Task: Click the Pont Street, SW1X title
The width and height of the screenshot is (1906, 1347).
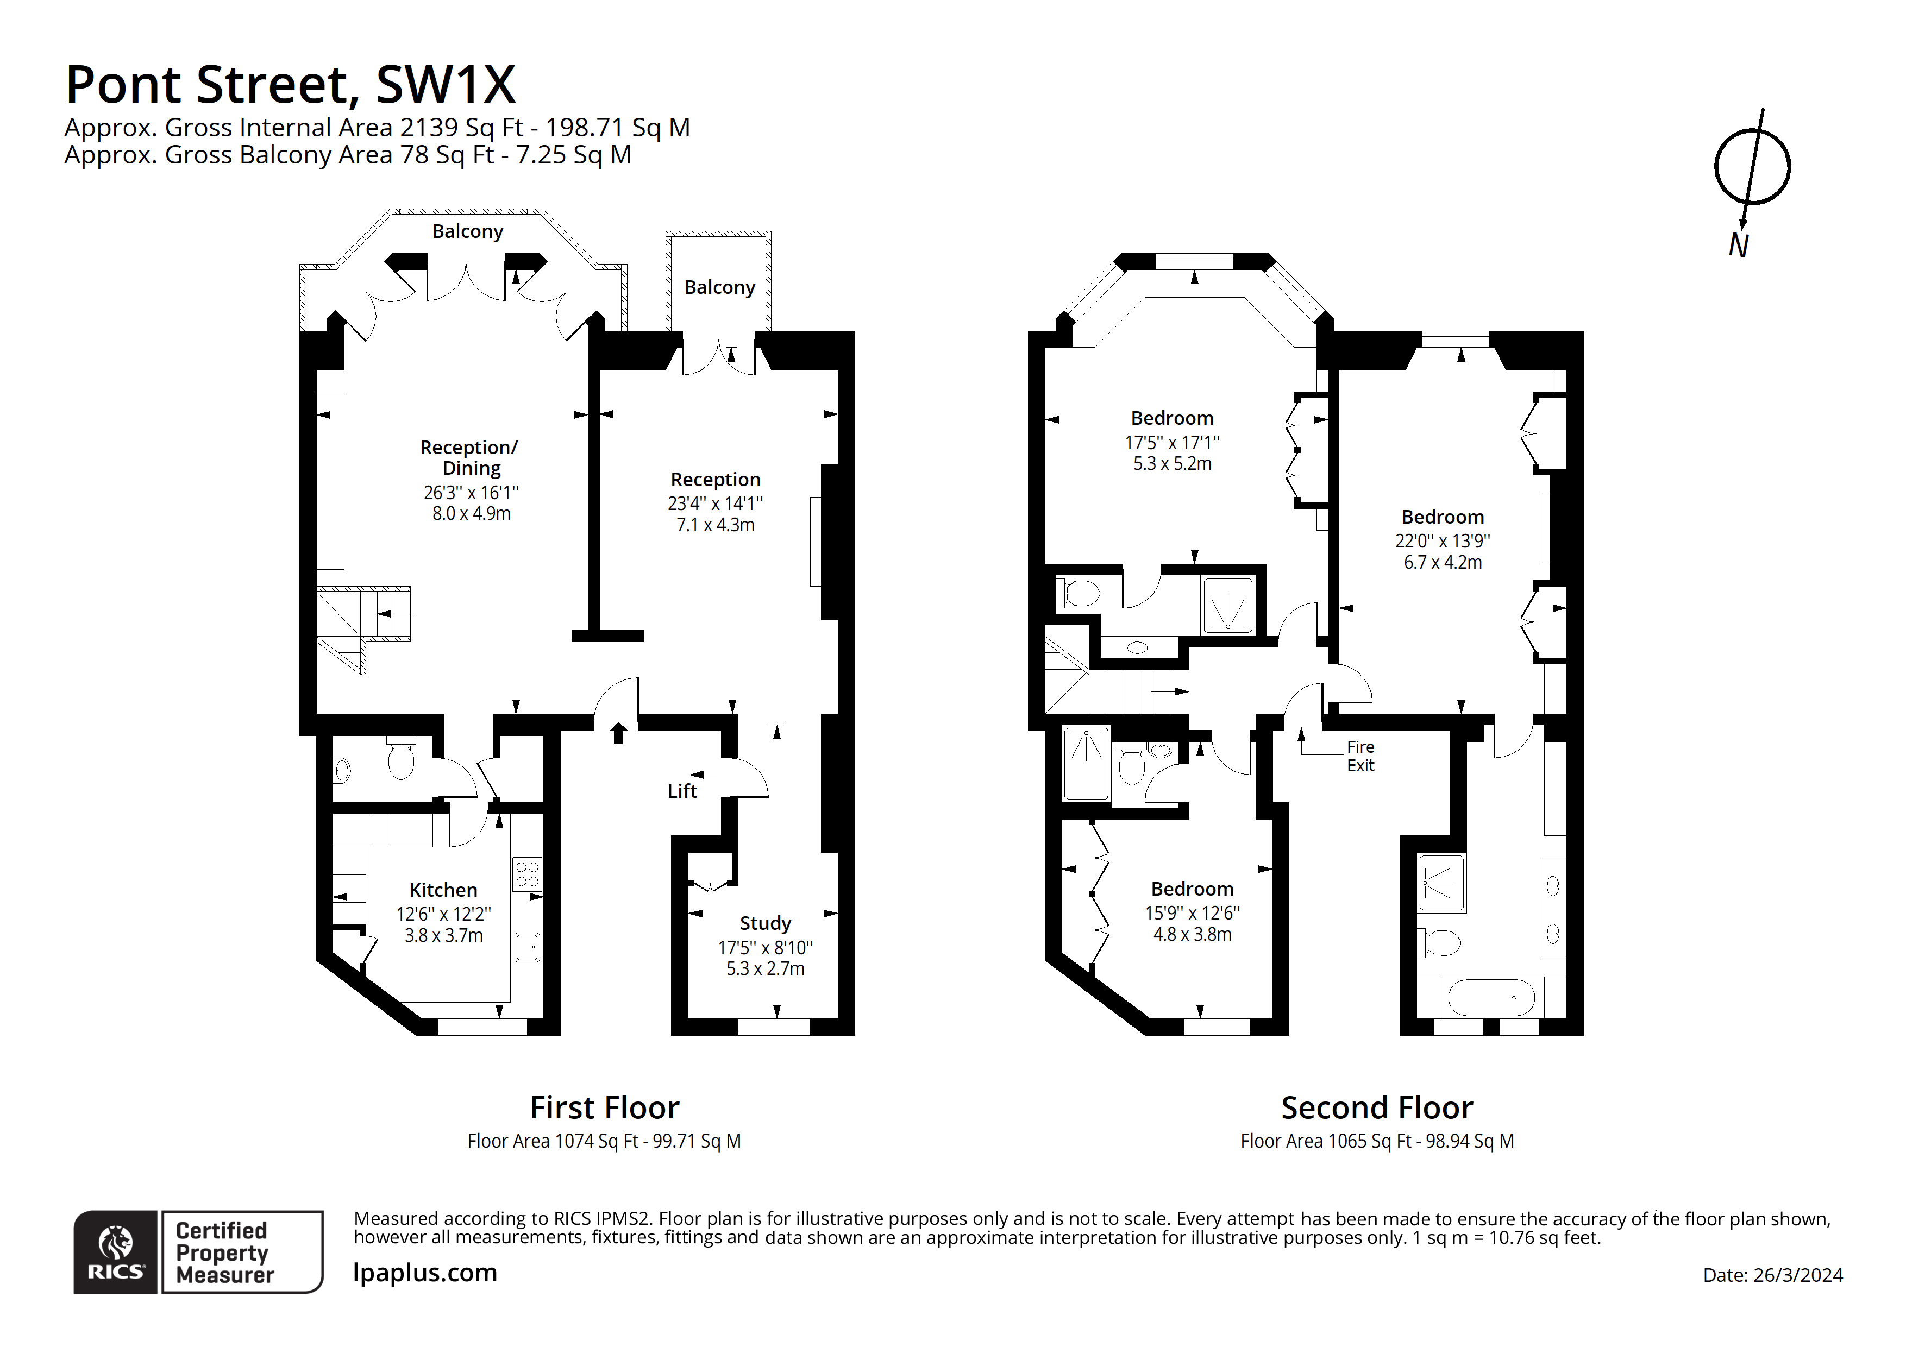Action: coord(291,85)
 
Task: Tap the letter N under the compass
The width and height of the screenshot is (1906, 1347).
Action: coord(1738,245)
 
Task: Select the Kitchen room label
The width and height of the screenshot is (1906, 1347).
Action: coord(443,890)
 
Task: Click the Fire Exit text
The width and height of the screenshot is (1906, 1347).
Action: coord(1360,756)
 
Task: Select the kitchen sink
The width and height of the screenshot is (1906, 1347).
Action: coord(526,947)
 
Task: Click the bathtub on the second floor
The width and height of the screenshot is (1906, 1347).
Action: coord(1491,998)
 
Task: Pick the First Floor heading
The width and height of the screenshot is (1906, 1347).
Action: coord(604,1108)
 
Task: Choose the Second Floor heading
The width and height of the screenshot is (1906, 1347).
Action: coord(1376,1108)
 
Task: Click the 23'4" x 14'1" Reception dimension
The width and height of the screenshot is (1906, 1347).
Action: coord(715,503)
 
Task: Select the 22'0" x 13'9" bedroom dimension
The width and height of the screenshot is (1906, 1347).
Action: coord(1442,540)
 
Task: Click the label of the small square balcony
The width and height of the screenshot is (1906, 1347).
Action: coord(719,287)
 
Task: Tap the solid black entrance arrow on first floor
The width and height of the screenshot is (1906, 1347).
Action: coord(618,732)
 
